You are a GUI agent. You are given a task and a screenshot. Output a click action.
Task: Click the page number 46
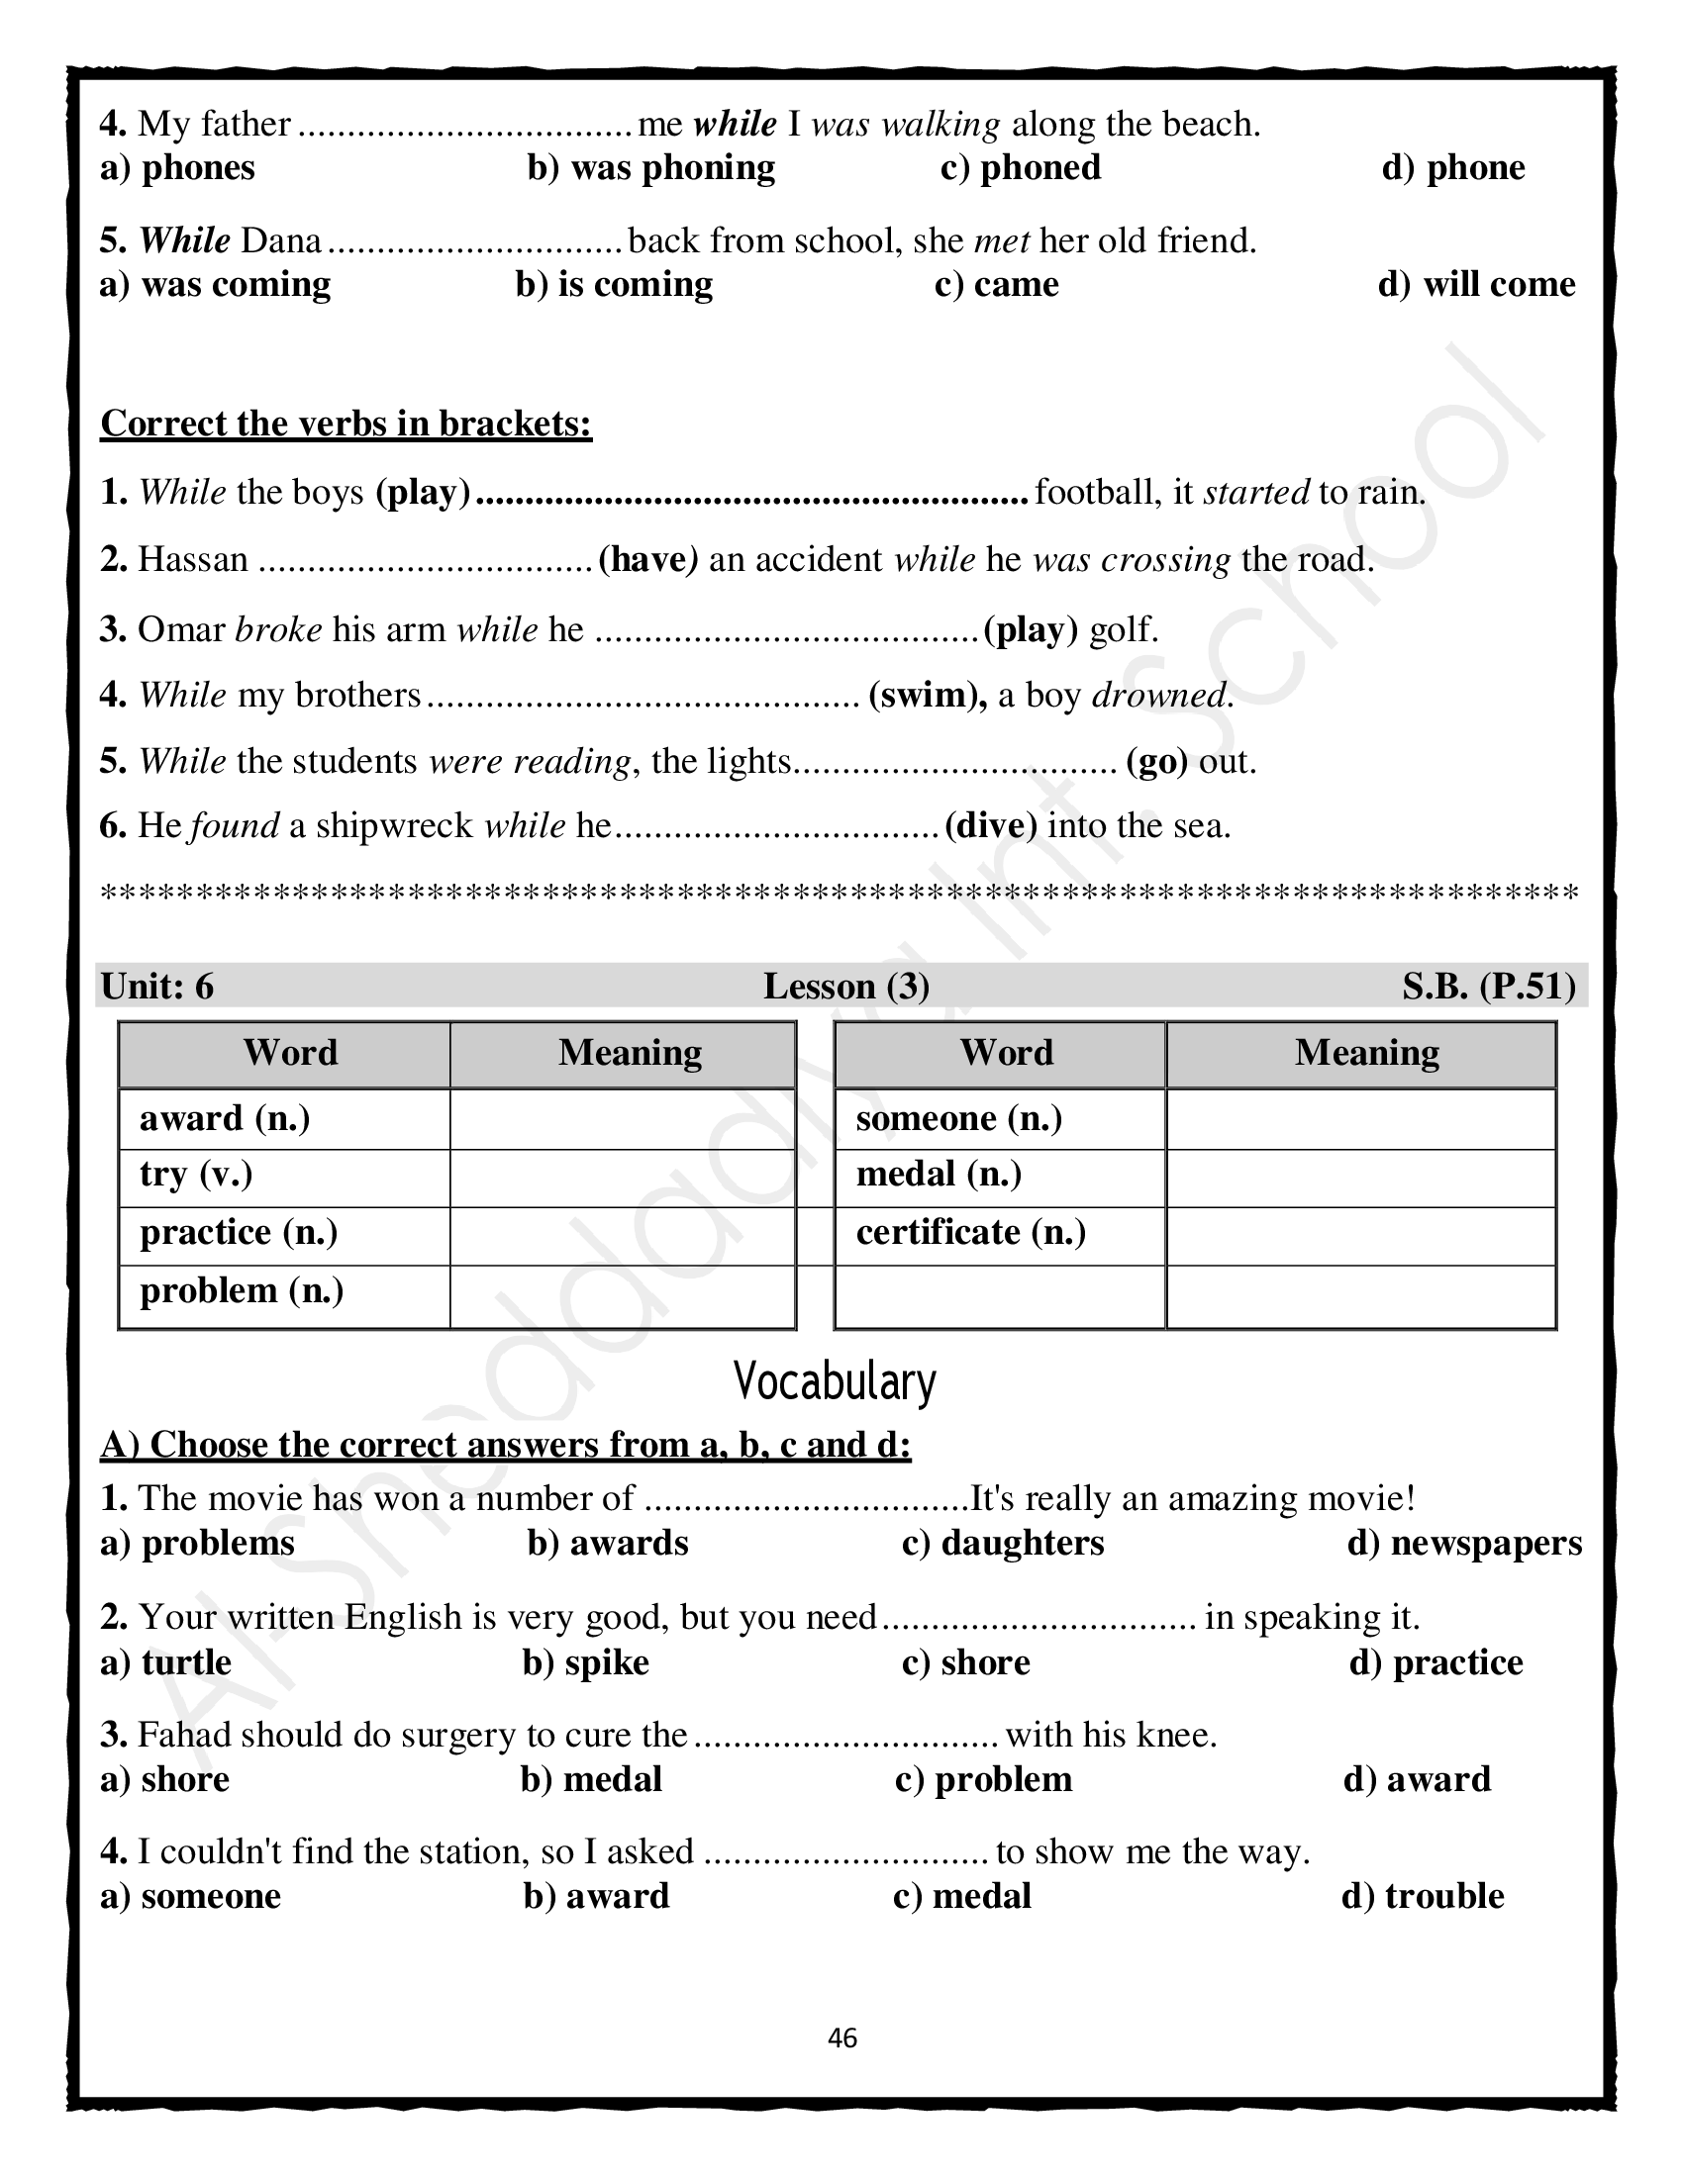(841, 2037)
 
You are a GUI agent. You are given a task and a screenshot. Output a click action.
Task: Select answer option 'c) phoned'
(1020, 167)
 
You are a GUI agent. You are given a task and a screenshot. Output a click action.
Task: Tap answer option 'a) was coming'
(216, 284)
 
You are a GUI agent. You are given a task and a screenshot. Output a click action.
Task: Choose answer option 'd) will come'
(1476, 284)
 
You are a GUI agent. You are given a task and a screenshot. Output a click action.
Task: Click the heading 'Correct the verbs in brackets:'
(346, 424)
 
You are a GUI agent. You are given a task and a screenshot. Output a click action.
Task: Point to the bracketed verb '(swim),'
(928, 695)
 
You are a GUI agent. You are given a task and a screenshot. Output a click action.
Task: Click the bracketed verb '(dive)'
(991, 825)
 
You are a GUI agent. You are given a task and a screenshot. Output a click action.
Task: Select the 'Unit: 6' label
(157, 986)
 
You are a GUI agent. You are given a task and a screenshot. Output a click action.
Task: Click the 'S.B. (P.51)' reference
(1489, 986)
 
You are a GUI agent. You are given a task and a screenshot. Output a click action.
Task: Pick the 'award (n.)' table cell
(226, 1118)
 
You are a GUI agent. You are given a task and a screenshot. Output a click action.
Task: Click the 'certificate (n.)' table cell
(970, 1233)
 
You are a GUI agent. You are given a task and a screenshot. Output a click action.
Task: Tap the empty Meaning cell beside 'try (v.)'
(622, 1178)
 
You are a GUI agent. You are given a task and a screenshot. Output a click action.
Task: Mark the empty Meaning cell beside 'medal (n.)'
(1360, 1178)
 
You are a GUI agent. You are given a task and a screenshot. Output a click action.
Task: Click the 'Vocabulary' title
(835, 1381)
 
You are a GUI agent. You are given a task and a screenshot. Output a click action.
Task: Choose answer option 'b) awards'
(607, 1543)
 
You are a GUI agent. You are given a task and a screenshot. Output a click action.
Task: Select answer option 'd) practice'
(1435, 1662)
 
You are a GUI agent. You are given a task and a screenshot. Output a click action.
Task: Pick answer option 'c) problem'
(983, 1779)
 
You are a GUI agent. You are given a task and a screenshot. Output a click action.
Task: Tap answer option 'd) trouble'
(1423, 1896)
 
